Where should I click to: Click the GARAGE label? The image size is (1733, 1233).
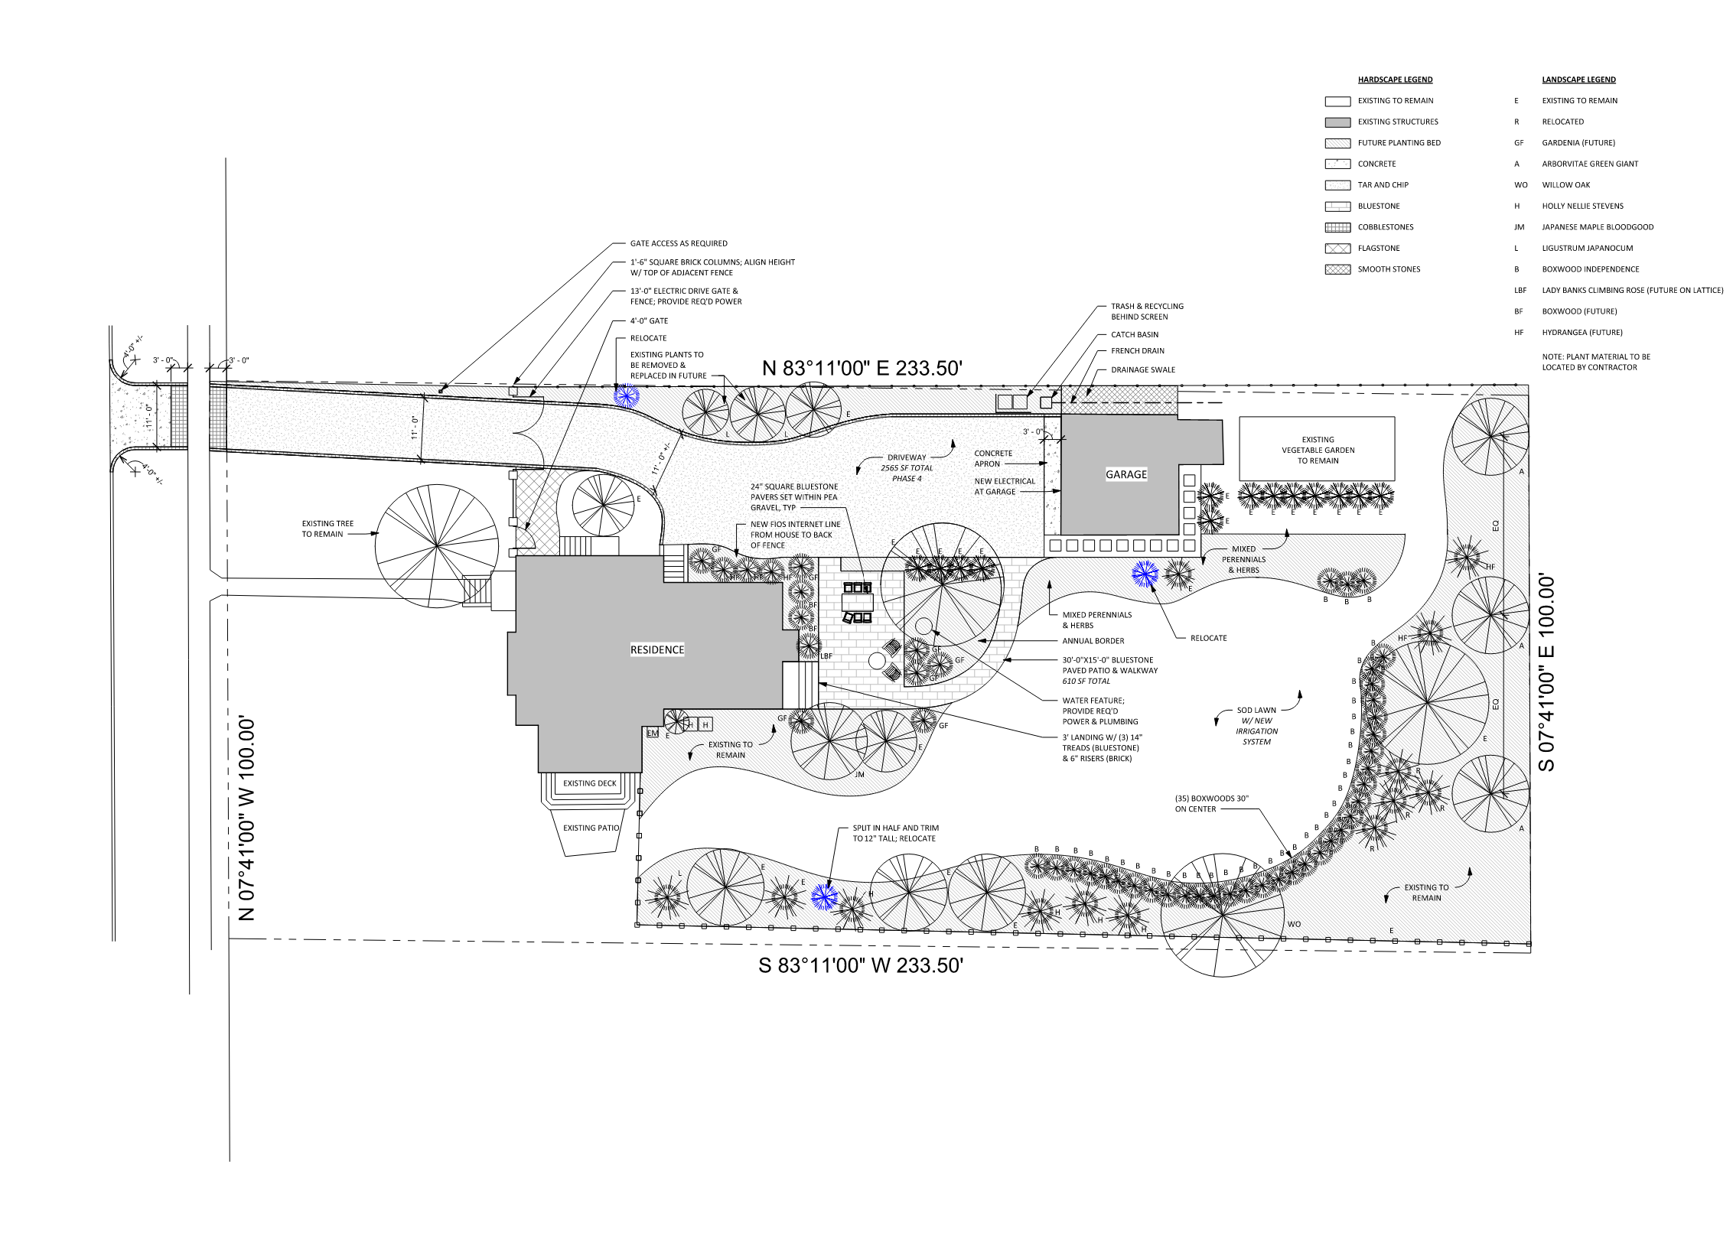click(1126, 474)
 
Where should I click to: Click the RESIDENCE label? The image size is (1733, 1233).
click(657, 649)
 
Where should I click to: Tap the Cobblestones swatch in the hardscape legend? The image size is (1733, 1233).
click(1337, 227)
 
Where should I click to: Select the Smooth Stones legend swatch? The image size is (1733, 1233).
click(1337, 269)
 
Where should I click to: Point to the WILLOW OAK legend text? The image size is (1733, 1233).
click(1565, 185)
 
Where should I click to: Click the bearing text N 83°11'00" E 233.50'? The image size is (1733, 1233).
click(862, 368)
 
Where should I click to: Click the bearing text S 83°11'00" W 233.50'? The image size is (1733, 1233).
click(861, 965)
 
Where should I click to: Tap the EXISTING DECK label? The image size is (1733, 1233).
click(590, 783)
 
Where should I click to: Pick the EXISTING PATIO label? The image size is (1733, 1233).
click(591, 828)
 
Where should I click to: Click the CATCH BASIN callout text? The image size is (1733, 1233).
click(1135, 334)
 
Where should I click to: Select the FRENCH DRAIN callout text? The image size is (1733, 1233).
click(1138, 351)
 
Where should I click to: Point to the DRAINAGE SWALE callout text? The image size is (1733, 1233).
click(1143, 369)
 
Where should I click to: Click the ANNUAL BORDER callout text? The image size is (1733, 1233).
click(1093, 641)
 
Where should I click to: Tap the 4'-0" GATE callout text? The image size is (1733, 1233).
click(649, 321)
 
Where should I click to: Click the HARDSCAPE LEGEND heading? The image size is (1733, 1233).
click(1395, 80)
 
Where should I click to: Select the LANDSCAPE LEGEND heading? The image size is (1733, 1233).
click(1578, 80)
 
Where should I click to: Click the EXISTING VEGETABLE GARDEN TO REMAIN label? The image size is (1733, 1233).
click(1318, 450)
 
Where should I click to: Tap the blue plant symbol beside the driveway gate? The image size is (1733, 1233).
click(626, 395)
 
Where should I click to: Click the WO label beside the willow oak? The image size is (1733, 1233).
click(1294, 924)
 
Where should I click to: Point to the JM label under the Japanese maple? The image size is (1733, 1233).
click(859, 775)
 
